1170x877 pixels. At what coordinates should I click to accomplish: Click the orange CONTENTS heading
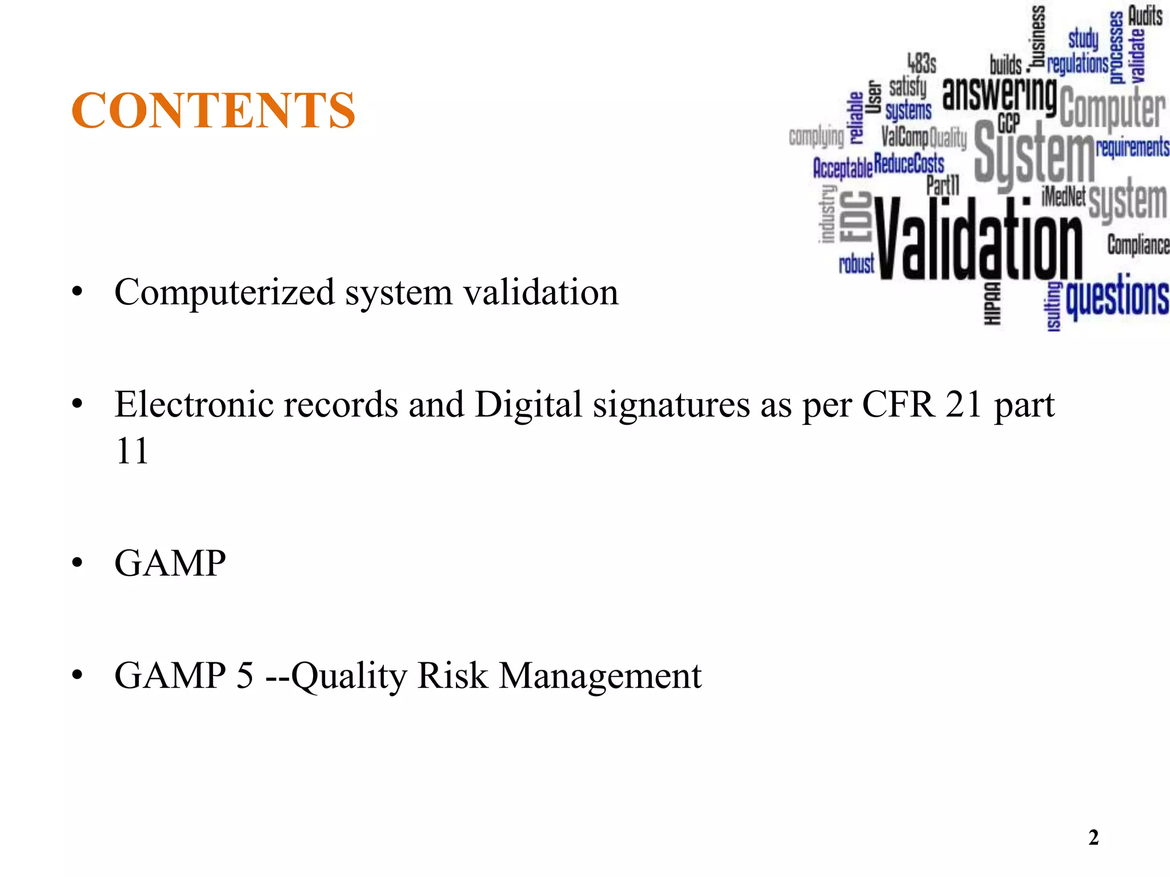[x=213, y=110]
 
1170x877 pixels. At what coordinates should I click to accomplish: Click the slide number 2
[x=1093, y=838]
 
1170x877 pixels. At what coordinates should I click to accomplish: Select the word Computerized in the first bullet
[x=225, y=292]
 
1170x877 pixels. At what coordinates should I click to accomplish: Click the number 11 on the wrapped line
[x=132, y=451]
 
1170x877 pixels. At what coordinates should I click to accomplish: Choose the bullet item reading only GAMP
[x=170, y=563]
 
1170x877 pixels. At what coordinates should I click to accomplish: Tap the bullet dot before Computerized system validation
[x=77, y=293]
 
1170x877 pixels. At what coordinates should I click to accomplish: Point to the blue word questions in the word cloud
[x=1117, y=297]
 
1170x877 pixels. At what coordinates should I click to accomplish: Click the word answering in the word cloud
[x=999, y=94]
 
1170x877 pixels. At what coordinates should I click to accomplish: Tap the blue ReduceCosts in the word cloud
[x=909, y=164]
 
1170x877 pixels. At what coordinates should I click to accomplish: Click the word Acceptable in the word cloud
[x=843, y=168]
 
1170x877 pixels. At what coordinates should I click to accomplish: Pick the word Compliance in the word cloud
[x=1138, y=245]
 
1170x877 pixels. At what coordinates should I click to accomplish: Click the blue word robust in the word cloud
[x=856, y=264]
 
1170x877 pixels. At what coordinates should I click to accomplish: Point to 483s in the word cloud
[x=922, y=63]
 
